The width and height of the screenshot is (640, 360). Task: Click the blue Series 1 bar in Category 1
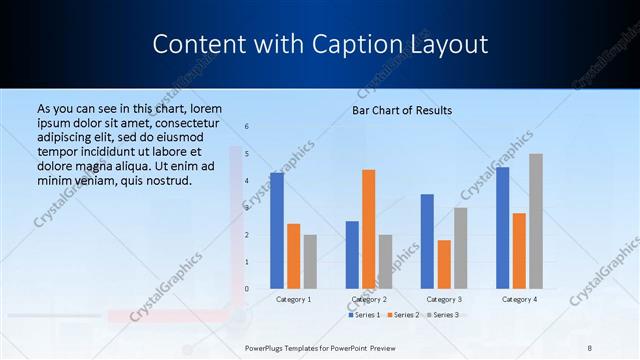[x=277, y=231]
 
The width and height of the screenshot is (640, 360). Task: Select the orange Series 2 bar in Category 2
[x=368, y=229]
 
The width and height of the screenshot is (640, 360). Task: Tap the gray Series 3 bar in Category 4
[x=536, y=221]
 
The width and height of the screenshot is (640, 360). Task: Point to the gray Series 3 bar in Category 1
[x=310, y=262]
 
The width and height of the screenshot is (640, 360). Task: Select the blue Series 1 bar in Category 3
[x=427, y=241]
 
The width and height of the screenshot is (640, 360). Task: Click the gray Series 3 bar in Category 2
[x=385, y=262]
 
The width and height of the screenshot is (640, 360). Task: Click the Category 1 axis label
[x=293, y=299]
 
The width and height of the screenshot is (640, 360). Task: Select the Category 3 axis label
[x=443, y=299]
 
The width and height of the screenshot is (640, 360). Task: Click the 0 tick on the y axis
[x=247, y=289]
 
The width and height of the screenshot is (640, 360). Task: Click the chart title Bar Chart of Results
[x=402, y=110]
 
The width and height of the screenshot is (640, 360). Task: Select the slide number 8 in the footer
[x=590, y=347]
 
